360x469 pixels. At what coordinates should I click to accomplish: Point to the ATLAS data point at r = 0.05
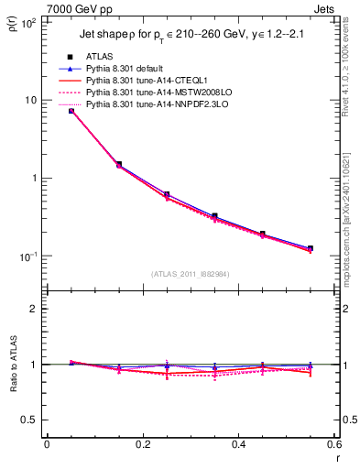(71, 111)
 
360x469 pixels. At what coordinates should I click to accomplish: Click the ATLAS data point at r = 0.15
(119, 164)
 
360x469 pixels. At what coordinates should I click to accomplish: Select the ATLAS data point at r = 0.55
(311, 248)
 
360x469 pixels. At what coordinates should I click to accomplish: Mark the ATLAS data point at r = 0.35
(214, 216)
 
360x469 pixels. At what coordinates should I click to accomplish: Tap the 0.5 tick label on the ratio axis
(29, 420)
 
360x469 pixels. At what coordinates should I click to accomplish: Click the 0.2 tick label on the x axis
(142, 443)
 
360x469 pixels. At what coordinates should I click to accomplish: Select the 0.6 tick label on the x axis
(333, 443)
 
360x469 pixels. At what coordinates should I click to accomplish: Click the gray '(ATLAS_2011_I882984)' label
(191, 274)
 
